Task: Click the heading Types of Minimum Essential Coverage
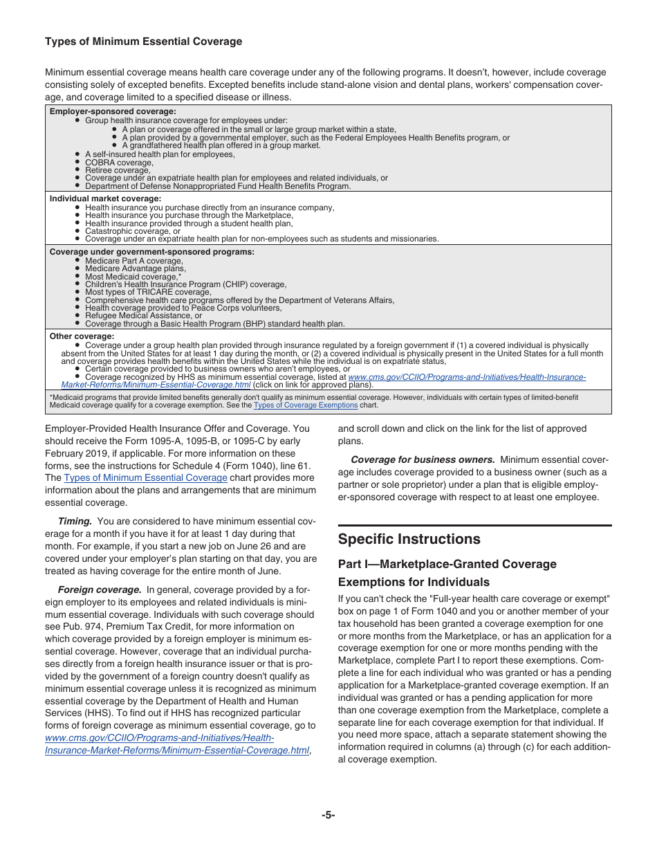[x=143, y=42]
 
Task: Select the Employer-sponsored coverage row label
[x=113, y=111]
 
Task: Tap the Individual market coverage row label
[x=105, y=199]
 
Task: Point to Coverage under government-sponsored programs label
[x=151, y=252]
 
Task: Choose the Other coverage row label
[x=82, y=337]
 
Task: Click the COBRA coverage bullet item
[x=119, y=163]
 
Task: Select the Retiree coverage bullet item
[x=117, y=170]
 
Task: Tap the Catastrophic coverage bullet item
[x=132, y=231]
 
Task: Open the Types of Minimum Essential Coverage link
[x=145, y=477]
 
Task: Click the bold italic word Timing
[x=75, y=521]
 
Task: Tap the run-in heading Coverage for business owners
[x=423, y=459]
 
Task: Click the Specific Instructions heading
[x=409, y=539]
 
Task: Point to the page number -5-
[x=328, y=815]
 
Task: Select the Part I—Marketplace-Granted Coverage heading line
[x=447, y=564]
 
